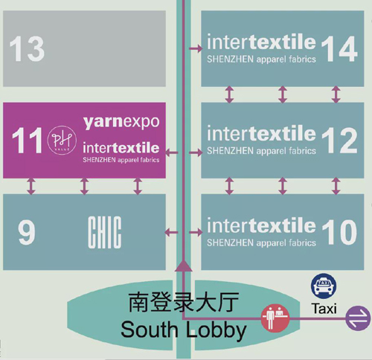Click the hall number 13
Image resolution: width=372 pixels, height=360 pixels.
(27, 49)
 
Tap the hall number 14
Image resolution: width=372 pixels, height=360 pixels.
(339, 49)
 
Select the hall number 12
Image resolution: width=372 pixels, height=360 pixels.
(339, 141)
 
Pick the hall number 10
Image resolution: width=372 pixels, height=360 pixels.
(339, 232)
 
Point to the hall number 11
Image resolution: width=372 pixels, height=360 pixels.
(27, 141)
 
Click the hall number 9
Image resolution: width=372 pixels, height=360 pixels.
(27, 232)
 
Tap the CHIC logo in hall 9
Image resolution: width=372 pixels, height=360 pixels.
(105, 232)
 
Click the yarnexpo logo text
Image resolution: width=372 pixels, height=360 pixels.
(121, 122)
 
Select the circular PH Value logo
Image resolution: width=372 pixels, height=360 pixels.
(62, 140)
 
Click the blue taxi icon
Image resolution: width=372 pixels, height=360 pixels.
(324, 286)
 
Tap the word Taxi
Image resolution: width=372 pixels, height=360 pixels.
(324, 309)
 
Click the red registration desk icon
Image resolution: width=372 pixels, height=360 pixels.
(275, 318)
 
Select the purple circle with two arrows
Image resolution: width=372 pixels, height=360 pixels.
(359, 318)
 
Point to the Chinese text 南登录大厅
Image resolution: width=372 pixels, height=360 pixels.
(184, 302)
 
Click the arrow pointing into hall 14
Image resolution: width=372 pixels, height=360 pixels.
(196, 48)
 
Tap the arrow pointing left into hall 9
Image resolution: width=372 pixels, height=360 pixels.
(171, 232)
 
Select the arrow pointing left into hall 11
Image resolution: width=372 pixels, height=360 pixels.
(171, 152)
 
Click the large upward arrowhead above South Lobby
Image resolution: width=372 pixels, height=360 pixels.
(184, 266)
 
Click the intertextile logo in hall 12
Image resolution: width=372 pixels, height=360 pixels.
(261, 139)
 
